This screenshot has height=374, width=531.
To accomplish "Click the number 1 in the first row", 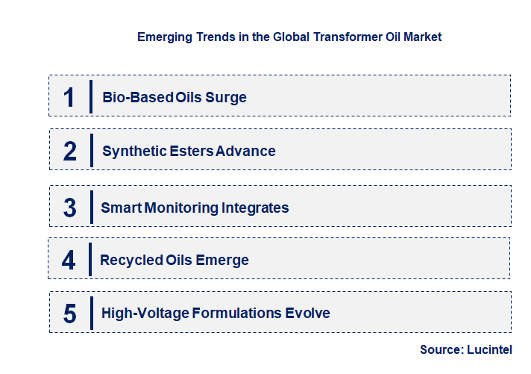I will [69, 97].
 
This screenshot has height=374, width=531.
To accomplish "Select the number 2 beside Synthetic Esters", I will [70, 152].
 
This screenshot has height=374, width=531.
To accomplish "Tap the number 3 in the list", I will [69, 208].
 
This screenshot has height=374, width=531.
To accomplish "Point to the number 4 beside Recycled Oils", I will [69, 261].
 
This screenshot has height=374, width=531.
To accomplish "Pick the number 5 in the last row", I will [69, 314].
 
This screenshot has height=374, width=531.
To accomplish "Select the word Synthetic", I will [134, 152].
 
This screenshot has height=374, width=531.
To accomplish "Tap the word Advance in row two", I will [246, 152].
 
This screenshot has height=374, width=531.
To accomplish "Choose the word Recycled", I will [128, 261].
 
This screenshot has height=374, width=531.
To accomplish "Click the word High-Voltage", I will [145, 314].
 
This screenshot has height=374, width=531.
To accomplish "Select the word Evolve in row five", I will [307, 314].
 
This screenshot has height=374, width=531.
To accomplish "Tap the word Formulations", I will [236, 314].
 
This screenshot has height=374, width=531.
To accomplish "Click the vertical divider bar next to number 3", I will [90, 206].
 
